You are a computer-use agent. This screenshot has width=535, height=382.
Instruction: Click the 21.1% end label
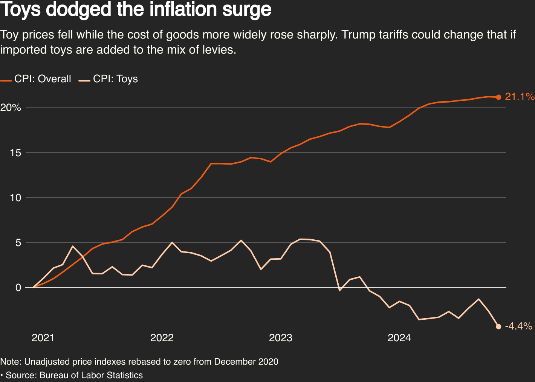[x=520, y=97]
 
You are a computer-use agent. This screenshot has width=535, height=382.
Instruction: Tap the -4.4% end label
[x=518, y=326]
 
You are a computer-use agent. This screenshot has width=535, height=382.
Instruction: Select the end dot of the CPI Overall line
[x=498, y=97]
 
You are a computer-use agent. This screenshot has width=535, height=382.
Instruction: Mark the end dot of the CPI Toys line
[x=498, y=327]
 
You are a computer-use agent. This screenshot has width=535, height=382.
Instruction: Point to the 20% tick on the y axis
[x=11, y=108]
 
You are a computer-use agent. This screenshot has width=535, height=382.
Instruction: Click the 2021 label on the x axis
[x=43, y=337]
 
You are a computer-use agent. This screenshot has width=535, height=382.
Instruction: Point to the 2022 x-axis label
[x=162, y=337]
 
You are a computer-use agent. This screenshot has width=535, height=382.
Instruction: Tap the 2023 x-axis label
[x=281, y=337]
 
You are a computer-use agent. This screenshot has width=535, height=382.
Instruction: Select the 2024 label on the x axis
[x=399, y=337]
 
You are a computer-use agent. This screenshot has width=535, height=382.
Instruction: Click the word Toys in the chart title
[x=20, y=10]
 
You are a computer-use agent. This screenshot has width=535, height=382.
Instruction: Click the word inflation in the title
[x=177, y=10]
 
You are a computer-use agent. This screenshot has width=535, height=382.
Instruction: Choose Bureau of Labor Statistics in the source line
[x=91, y=375]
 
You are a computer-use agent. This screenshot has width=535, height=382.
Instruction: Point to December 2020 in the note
[x=246, y=362]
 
